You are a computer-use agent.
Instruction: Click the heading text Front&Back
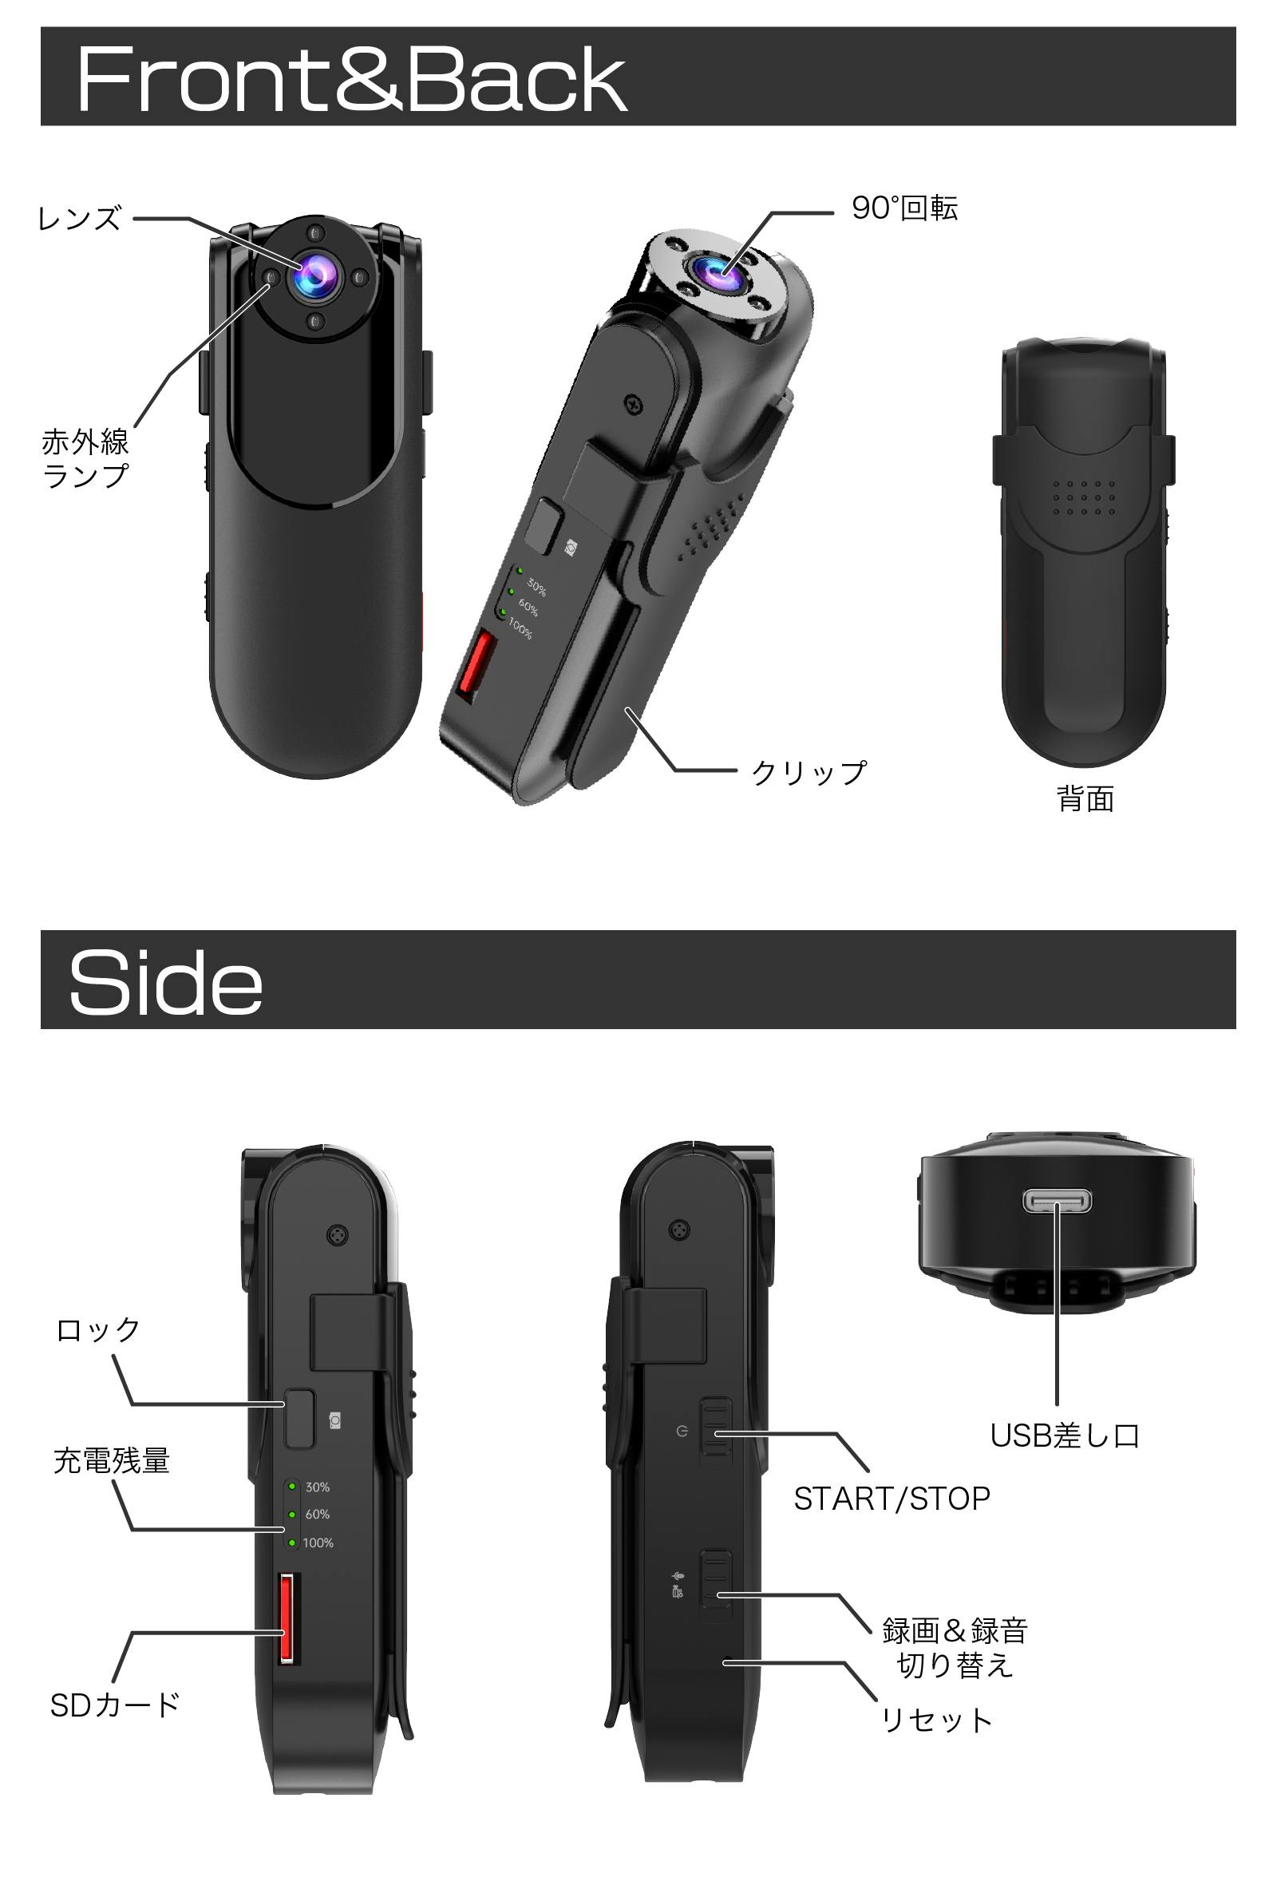351,79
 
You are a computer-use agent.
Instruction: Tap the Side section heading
165,982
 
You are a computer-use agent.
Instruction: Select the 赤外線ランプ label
85,458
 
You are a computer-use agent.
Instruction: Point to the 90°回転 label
905,208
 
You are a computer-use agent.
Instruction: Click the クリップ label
809,772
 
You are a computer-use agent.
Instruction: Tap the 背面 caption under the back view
1085,799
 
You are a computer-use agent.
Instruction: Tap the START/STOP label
892,1499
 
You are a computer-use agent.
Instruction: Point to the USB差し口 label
1065,1436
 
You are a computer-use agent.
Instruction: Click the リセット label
936,1720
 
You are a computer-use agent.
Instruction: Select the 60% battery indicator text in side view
317,1514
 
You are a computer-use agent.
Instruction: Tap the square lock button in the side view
299,1418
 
